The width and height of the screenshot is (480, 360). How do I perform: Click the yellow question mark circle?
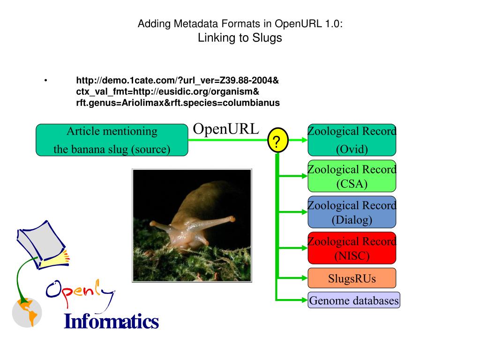277,141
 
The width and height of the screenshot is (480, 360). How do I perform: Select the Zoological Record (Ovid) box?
352,140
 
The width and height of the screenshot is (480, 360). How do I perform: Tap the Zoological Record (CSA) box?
352,176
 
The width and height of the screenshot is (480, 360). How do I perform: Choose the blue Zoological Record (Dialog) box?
352,212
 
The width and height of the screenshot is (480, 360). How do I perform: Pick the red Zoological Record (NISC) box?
352,248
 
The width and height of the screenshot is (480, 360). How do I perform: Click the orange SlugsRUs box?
352,278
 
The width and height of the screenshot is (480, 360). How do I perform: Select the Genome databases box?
354,300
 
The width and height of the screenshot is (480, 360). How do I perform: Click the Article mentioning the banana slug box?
112,140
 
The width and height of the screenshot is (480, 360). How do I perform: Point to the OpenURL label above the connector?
226,129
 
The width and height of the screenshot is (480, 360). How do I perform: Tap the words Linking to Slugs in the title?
240,37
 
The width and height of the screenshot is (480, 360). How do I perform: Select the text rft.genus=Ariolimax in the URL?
120,103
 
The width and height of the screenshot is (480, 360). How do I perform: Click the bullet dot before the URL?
45,81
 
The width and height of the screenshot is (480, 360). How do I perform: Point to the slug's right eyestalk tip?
232,218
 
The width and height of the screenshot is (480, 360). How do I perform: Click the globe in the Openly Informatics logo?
27,313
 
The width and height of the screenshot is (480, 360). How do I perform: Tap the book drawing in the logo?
42,245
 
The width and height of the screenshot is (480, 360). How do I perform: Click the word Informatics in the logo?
112,322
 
